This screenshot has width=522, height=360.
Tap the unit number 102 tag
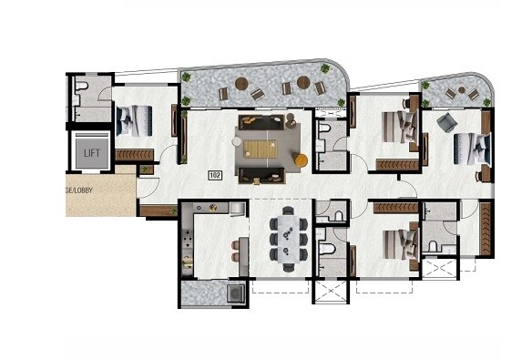tap(216, 174)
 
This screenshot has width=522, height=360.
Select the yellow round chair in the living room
tap(301, 160)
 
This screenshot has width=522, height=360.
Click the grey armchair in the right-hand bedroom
tap(446, 121)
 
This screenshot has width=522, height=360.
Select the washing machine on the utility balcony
tap(235, 293)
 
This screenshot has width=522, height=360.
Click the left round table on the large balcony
tap(241, 84)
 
